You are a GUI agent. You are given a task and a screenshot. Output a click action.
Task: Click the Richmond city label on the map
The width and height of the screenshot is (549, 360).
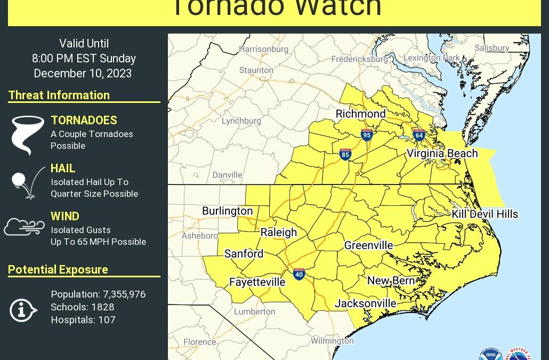(360, 114)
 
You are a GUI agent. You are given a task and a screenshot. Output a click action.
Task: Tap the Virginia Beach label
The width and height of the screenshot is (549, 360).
(442, 154)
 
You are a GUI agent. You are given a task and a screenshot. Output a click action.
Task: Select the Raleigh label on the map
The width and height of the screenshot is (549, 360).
(278, 233)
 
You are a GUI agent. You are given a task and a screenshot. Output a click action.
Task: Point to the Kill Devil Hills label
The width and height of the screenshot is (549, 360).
(485, 214)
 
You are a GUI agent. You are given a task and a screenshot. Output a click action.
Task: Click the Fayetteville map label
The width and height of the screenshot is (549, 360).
(257, 282)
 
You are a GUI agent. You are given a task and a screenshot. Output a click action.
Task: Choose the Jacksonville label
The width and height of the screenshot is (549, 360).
(365, 303)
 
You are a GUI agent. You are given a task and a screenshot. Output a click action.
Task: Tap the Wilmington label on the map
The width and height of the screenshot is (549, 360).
(332, 341)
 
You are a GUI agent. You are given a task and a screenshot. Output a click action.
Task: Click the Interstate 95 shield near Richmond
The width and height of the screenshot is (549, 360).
(367, 135)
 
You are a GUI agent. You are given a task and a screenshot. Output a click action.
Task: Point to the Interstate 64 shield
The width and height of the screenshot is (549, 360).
(419, 135)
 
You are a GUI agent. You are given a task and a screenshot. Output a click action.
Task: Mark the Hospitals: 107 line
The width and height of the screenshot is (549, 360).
(83, 320)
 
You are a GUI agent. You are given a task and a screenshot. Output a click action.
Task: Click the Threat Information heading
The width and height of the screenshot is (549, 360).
(59, 95)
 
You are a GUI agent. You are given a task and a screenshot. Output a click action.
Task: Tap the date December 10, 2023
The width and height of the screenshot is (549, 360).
(83, 74)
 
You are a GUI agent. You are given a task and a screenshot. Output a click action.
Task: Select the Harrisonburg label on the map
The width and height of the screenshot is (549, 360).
(263, 49)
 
